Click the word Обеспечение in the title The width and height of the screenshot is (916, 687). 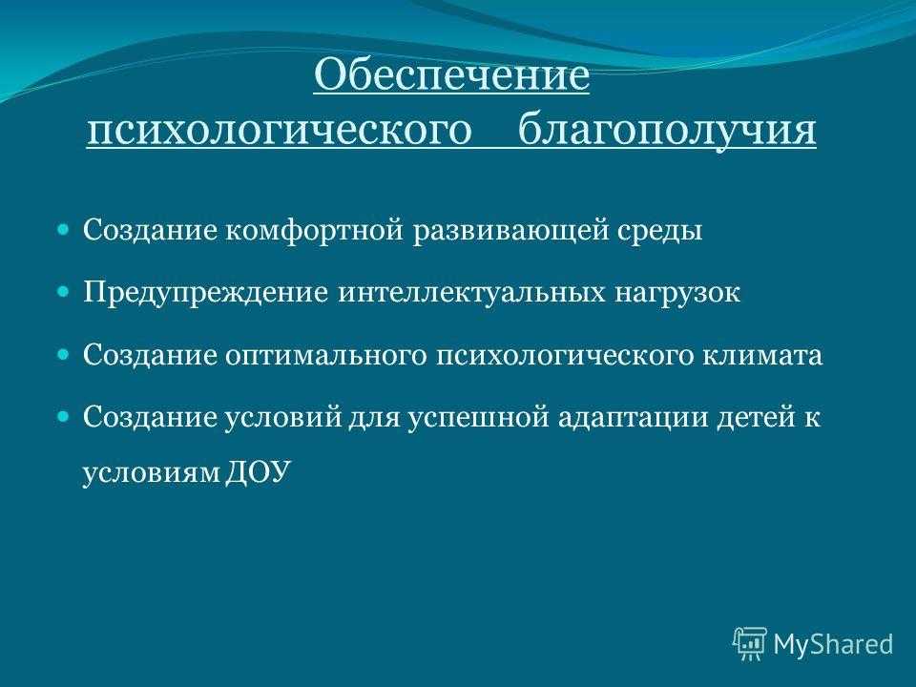451,75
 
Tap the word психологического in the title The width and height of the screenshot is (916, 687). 280,131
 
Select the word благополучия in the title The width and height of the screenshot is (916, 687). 667,131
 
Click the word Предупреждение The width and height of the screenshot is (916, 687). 206,293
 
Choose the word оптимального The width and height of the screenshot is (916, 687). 326,356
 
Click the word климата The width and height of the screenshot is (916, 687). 761,356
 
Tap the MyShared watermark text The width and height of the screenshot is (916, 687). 834,644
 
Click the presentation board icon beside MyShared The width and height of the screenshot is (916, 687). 750,643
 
